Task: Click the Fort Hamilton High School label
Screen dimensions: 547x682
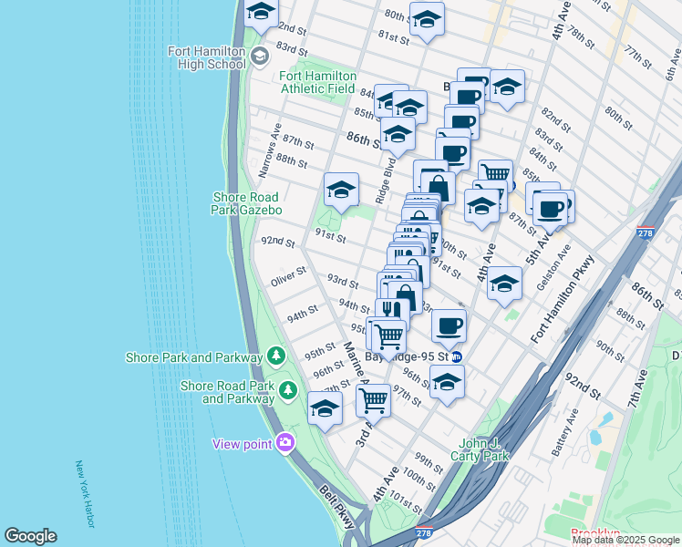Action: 206,57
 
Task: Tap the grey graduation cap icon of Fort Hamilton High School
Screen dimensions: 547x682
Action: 259,57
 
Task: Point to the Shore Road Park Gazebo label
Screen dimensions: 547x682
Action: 247,203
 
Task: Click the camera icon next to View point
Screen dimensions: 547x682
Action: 286,443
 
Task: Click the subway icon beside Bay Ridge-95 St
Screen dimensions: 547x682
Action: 457,356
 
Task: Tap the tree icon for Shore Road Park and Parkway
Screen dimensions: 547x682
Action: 288,390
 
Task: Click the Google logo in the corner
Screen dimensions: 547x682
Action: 30,536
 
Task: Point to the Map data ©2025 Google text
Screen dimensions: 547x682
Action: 625,540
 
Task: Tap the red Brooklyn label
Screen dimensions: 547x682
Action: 594,533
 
